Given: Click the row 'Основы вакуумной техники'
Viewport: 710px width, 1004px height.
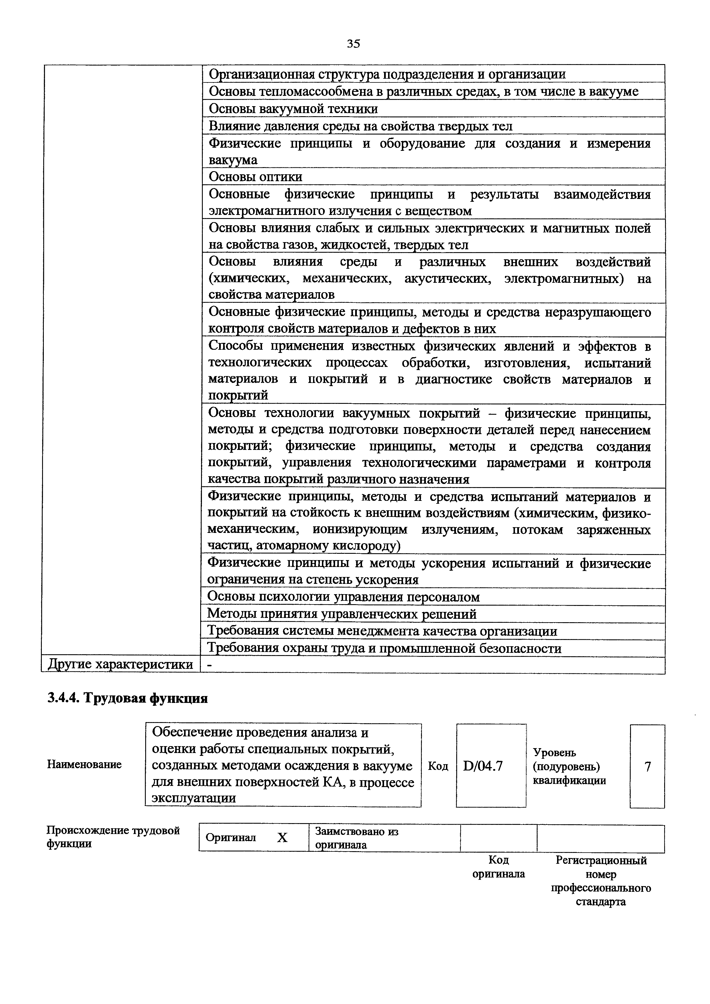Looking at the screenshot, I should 293,108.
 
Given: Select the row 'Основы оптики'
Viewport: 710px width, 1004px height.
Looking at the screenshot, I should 255,177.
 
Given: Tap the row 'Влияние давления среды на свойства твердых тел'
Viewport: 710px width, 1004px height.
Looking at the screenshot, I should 360,126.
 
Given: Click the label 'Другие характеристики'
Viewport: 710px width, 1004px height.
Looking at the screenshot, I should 120,664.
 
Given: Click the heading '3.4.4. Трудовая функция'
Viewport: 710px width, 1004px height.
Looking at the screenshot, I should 127,698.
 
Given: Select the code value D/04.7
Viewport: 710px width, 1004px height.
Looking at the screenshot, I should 483,766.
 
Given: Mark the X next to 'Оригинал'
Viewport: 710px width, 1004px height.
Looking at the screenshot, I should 283,838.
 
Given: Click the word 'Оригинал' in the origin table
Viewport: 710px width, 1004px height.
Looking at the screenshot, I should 231,837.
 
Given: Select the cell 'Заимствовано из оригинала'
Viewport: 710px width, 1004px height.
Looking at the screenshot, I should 357,838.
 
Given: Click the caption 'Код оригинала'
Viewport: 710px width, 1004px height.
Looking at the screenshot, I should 499,867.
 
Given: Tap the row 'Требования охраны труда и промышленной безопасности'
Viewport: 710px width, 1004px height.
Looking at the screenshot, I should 384,648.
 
